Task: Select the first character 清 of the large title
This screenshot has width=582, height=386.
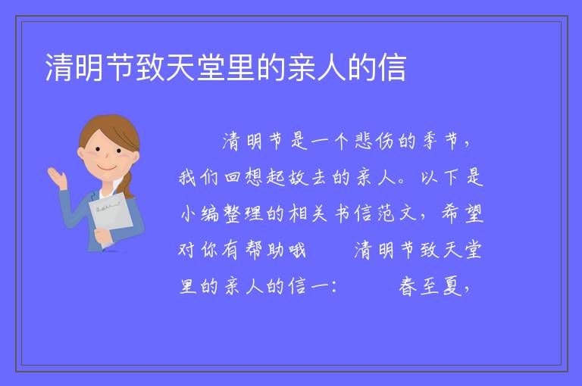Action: tap(59, 67)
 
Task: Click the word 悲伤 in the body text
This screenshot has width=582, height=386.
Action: tap(374, 142)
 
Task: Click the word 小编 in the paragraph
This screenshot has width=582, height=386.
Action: tap(200, 213)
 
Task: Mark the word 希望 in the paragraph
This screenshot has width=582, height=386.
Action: tap(462, 213)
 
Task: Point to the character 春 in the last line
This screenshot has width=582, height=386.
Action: tap(408, 287)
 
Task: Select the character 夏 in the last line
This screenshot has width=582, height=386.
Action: tap(452, 287)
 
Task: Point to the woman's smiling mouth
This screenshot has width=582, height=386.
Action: tap(107, 167)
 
